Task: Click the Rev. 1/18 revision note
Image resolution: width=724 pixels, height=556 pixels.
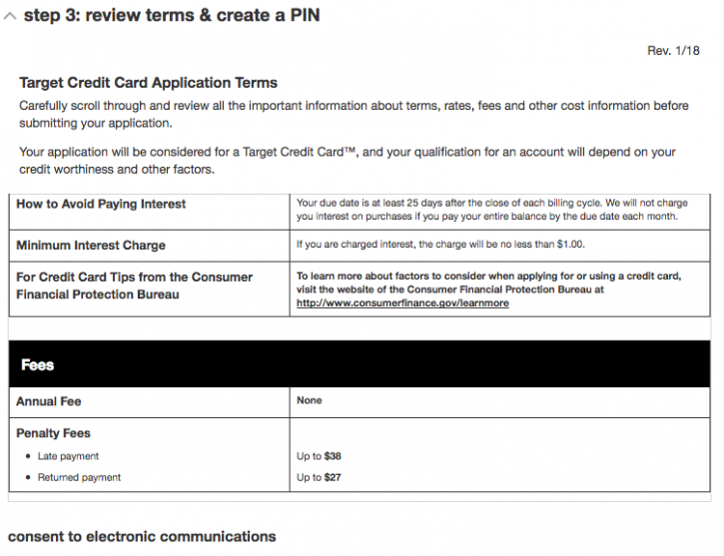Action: click(673, 51)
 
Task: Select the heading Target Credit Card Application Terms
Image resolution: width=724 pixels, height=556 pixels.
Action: click(148, 83)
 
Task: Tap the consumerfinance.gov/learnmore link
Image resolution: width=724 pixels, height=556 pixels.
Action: click(402, 303)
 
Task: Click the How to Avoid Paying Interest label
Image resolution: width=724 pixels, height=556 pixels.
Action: click(101, 204)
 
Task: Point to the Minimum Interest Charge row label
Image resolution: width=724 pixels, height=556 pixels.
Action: click(91, 245)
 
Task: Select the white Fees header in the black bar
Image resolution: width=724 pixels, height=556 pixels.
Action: click(38, 365)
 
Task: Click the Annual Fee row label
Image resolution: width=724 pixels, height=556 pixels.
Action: click(49, 401)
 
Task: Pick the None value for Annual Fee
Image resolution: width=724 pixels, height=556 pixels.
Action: click(310, 400)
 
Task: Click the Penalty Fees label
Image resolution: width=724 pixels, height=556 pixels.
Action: click(54, 434)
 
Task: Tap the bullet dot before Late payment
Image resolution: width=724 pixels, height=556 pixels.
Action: click(28, 456)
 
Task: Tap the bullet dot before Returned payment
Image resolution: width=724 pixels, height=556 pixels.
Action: click(28, 478)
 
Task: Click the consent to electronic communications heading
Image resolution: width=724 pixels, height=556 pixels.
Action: click(142, 537)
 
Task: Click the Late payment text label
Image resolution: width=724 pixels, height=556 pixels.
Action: click(68, 456)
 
